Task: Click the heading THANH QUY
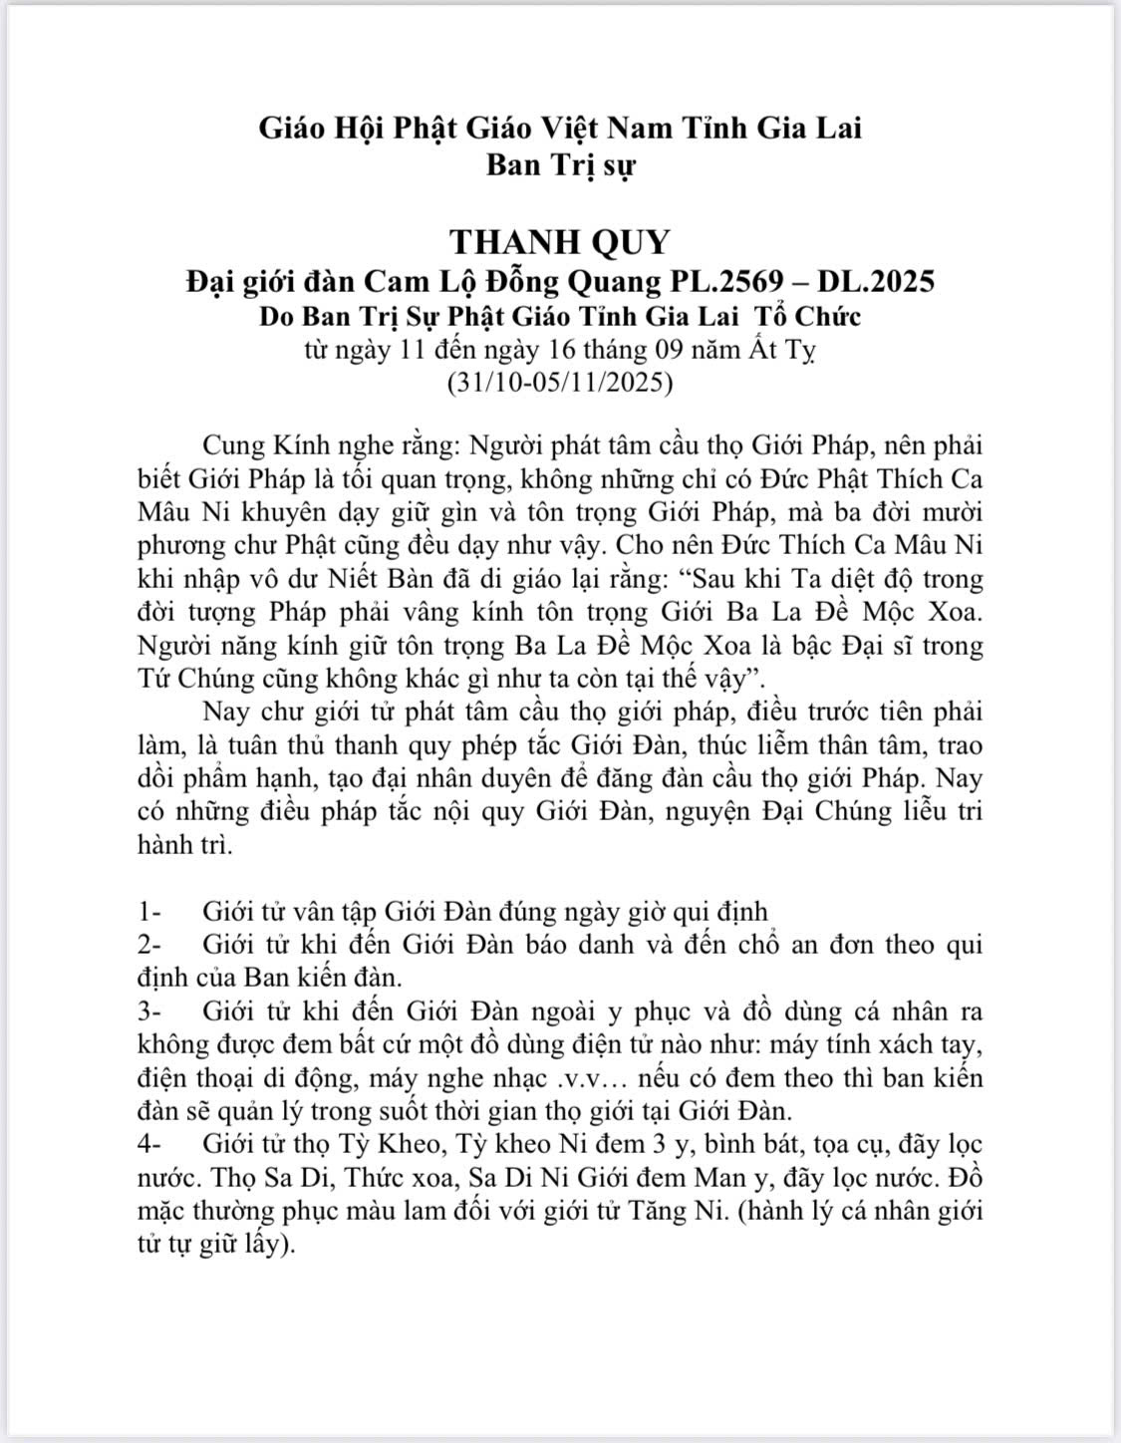(560, 241)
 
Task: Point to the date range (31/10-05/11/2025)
(560, 382)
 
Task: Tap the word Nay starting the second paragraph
(226, 712)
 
